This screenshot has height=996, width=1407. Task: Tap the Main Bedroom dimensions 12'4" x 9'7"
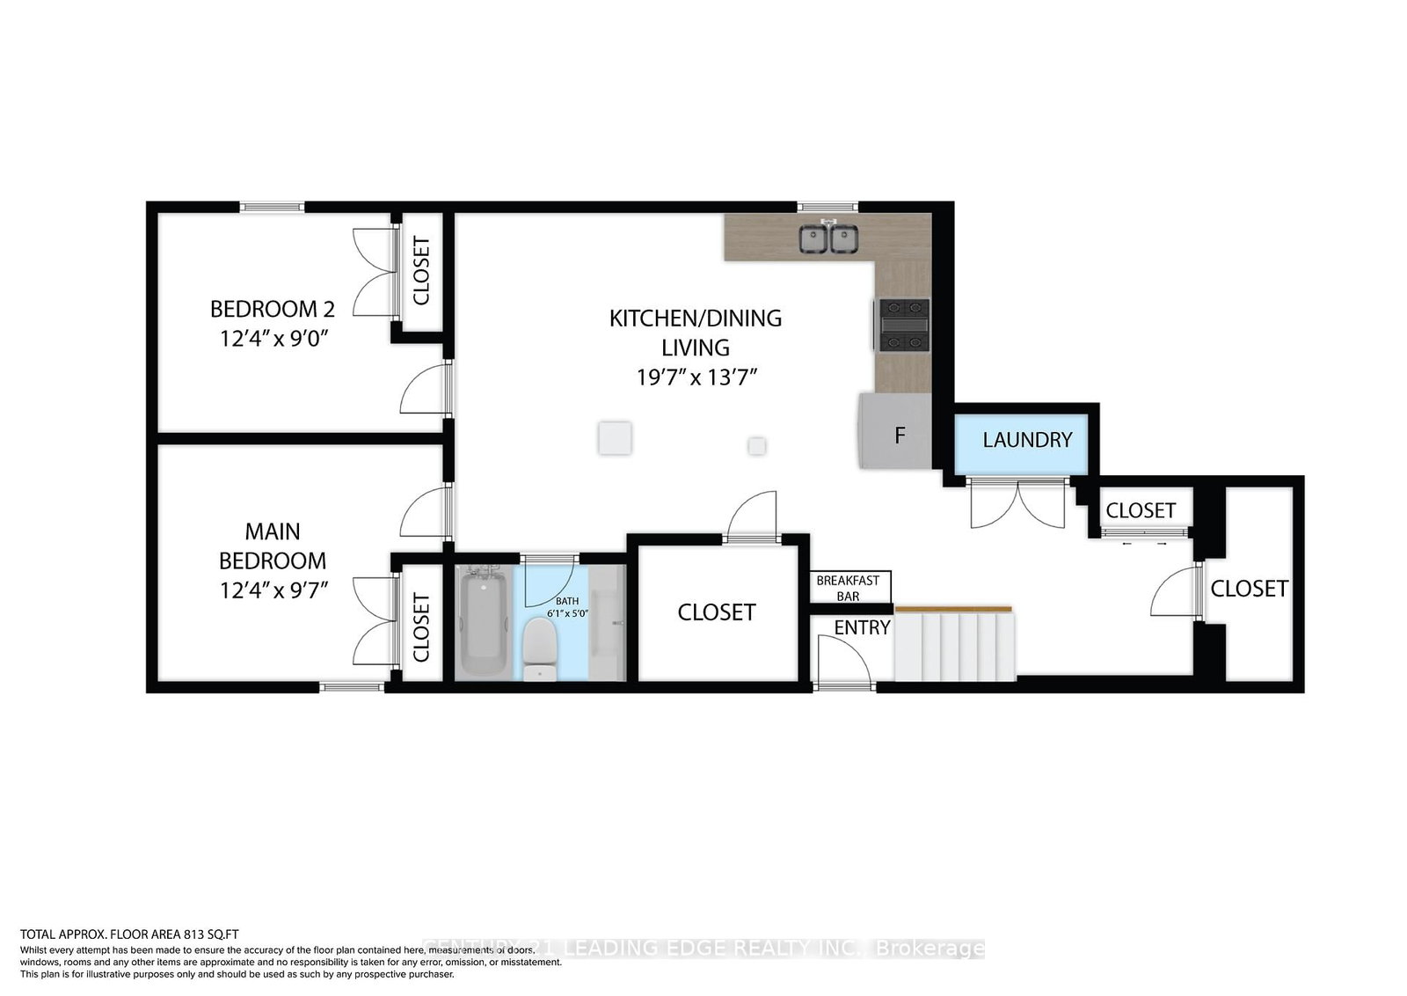click(x=273, y=589)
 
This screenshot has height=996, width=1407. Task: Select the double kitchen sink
click(x=828, y=238)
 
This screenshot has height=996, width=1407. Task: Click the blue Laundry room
click(x=1026, y=440)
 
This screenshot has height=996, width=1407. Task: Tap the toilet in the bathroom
click(x=538, y=648)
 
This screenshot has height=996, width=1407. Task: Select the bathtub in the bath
click(x=482, y=621)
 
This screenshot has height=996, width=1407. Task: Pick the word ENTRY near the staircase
click(x=862, y=627)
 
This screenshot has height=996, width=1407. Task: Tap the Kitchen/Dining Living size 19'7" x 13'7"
click(x=696, y=377)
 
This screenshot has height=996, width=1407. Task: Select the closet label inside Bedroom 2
click(x=421, y=271)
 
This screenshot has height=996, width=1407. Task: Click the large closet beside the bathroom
click(x=717, y=612)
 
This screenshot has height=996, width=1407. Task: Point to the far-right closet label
click(x=1249, y=588)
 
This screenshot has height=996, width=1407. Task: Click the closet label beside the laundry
click(x=1141, y=510)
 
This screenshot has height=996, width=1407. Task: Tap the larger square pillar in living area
click(x=615, y=437)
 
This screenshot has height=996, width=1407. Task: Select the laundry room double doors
click(x=1017, y=504)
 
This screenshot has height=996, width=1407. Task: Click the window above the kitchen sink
click(x=827, y=207)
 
